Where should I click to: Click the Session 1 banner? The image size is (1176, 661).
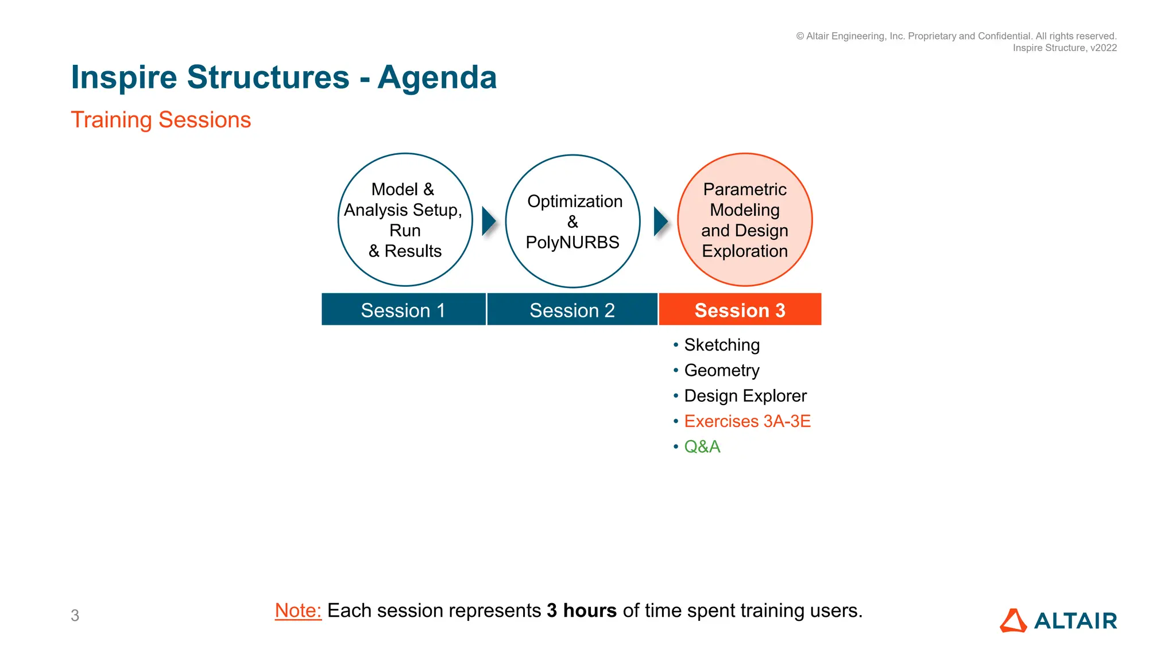(x=403, y=310)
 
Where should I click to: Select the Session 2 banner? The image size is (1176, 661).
(x=572, y=310)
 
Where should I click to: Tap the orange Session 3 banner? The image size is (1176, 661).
(x=740, y=310)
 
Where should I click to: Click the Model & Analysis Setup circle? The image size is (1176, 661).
(x=405, y=220)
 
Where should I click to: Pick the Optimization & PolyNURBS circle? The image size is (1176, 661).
(x=572, y=221)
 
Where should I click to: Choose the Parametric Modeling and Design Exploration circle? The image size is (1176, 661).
(x=745, y=220)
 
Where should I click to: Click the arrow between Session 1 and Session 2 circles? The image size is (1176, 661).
(x=489, y=221)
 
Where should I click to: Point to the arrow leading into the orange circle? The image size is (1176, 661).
(x=660, y=221)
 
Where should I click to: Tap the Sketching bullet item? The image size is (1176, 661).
(x=722, y=345)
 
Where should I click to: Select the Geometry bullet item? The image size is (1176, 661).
(x=722, y=371)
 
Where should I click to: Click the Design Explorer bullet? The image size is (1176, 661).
(x=745, y=396)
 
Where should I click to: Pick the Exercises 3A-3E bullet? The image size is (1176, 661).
(x=747, y=421)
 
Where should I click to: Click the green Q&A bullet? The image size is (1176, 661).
(x=702, y=446)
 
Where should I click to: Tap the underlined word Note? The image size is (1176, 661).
(x=298, y=611)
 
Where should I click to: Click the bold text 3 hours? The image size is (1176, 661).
(x=582, y=611)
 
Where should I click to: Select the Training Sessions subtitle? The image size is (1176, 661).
(x=161, y=120)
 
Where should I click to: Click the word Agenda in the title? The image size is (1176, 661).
(x=437, y=77)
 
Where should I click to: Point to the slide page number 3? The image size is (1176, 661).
(x=75, y=616)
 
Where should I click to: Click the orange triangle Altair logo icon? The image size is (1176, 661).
(x=1013, y=621)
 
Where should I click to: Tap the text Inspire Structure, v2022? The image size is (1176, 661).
(x=1065, y=48)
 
